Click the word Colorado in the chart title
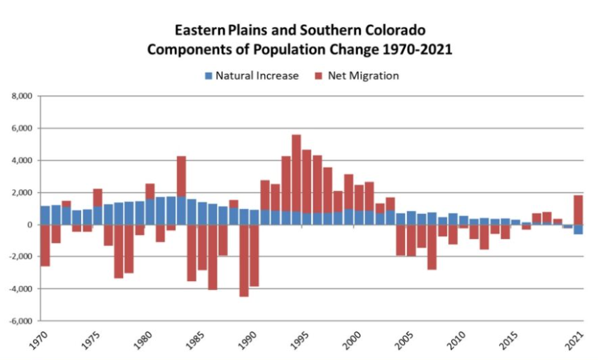point(390,30)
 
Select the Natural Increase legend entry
point(251,75)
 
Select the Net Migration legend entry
point(357,75)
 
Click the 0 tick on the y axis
point(31,225)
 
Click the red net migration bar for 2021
point(578,210)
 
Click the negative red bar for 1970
point(45,245)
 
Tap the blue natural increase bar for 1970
point(45,215)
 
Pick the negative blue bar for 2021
point(578,229)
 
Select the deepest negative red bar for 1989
point(244,261)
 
